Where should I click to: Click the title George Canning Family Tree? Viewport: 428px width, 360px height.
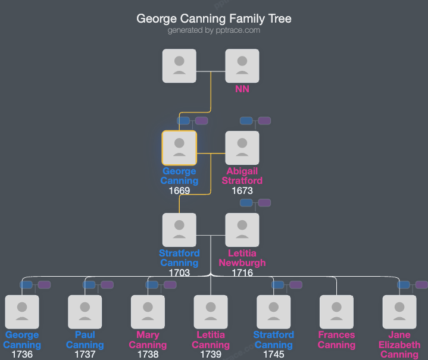coord(214,18)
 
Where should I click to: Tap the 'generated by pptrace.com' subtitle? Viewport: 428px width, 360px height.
coord(214,30)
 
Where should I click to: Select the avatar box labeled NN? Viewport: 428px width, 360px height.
coord(242,65)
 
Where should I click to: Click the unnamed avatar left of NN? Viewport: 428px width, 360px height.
coord(179,65)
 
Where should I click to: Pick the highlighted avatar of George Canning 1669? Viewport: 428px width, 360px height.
coord(179,148)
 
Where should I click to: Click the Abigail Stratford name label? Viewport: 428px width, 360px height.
coord(242,176)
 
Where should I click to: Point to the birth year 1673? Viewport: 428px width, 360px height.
coord(242,191)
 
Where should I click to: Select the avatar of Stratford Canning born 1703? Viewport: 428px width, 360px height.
coord(179,230)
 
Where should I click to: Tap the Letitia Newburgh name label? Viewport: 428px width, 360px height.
coord(242,258)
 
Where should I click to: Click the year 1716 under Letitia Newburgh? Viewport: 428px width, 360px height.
coord(242,273)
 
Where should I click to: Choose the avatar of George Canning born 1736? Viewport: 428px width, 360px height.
coord(22,312)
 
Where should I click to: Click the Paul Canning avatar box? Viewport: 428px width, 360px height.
coord(85,312)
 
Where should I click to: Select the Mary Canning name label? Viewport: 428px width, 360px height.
coord(148,340)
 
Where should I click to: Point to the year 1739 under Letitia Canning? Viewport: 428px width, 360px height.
coord(211,355)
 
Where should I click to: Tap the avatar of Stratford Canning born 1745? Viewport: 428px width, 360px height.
coord(273,312)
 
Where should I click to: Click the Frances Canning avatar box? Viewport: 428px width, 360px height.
coord(336,312)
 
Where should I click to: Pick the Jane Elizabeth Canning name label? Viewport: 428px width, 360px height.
coord(399,345)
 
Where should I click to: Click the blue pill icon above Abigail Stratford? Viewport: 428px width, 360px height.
coord(246,121)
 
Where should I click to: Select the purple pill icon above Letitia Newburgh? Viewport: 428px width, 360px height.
coord(264,203)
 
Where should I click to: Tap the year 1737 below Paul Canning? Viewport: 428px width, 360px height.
coord(85,355)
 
